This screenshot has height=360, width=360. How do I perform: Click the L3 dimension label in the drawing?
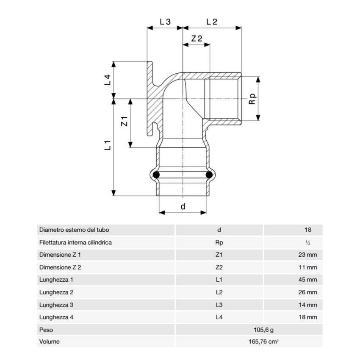165,22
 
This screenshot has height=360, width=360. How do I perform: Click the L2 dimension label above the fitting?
212,22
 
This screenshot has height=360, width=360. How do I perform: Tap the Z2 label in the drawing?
197,39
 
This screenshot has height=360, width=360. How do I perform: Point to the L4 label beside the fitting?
108,80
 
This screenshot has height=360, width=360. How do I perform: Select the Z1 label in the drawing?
124,121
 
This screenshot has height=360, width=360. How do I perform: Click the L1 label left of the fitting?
108,145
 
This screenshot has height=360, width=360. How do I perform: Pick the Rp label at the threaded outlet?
252,99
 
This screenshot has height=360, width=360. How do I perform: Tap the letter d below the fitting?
183,206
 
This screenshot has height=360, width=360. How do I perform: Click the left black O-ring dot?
156,175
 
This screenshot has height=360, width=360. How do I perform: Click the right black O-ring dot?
209,175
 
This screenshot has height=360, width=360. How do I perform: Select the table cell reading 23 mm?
307,255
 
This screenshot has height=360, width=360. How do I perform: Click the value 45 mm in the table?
307,280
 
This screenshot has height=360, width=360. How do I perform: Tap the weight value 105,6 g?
263,330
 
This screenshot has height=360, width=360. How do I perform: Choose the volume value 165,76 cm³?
263,342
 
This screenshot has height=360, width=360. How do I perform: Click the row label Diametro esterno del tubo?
74,230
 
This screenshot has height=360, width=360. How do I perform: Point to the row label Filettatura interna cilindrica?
75,242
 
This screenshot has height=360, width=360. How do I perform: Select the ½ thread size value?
308,242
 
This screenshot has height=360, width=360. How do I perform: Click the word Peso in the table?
46,330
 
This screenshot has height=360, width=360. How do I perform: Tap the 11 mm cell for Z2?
308,267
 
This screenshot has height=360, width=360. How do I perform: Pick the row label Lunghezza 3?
56,305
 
